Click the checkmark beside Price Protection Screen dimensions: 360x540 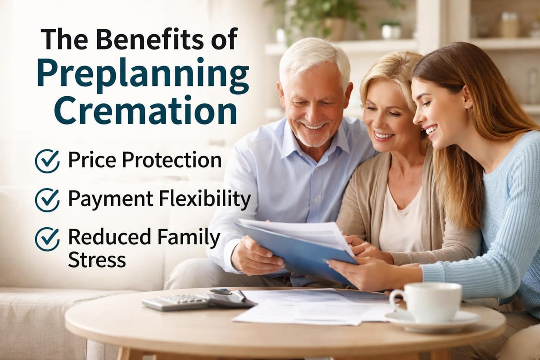point(47,161)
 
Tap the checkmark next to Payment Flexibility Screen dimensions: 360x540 point(47,200)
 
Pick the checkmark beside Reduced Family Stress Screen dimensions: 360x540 point(47,239)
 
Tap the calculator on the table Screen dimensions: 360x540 point(175,301)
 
